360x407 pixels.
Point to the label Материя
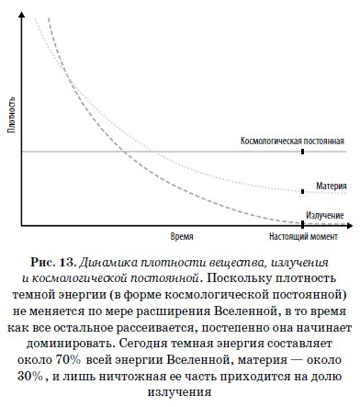328,184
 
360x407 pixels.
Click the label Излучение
325,213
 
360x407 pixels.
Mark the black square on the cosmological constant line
303,152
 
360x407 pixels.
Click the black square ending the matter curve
303,191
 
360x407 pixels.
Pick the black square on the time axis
303,224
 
